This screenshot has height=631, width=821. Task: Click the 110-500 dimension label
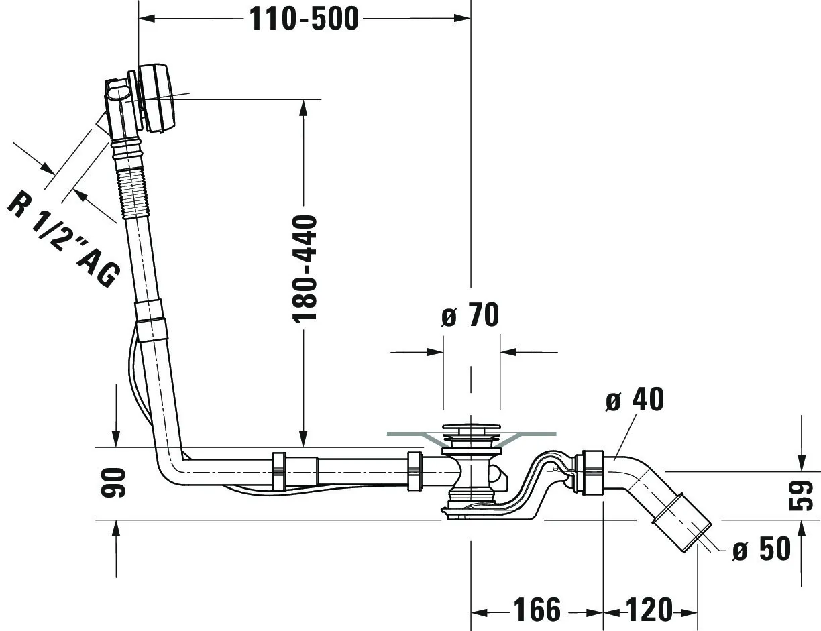[x=304, y=19]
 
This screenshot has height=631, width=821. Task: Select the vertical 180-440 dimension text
[x=305, y=269]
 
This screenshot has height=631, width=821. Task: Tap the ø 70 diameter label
[x=470, y=314]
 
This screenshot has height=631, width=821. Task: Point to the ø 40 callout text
[x=635, y=399]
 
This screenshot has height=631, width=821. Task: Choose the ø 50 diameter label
[x=761, y=549]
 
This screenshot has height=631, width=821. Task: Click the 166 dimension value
[x=537, y=610]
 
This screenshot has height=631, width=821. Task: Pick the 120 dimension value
[x=649, y=610]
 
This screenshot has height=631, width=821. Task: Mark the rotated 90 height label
[x=113, y=483]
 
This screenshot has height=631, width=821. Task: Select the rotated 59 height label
[x=801, y=496]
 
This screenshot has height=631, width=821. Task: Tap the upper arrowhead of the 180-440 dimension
[x=303, y=108]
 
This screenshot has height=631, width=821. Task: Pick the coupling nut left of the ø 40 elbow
[x=592, y=473]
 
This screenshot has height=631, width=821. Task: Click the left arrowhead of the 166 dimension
[x=480, y=612]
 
